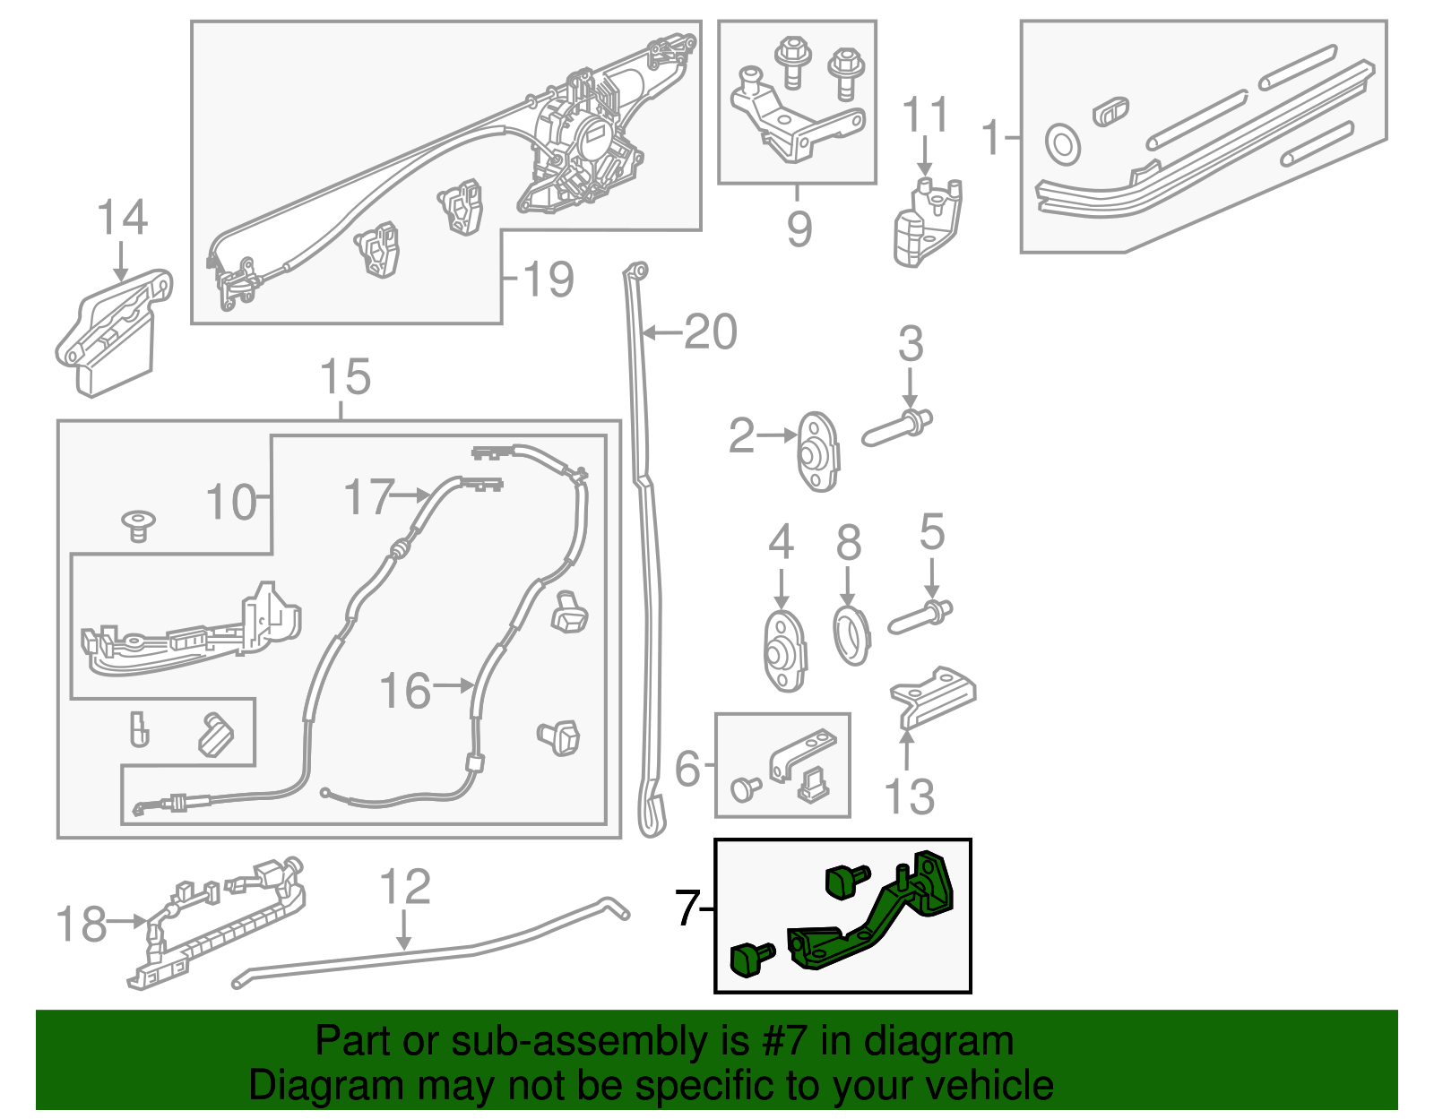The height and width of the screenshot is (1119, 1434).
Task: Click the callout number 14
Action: click(x=122, y=218)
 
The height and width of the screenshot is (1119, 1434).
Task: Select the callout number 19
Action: click(x=547, y=279)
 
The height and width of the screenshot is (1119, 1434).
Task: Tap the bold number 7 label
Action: click(x=687, y=908)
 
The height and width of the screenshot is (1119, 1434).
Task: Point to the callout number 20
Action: click(x=710, y=332)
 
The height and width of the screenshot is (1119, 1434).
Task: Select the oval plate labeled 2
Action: click(x=818, y=452)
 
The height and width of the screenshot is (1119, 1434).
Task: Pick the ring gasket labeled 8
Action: click(x=851, y=635)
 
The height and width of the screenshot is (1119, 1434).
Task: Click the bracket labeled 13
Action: click(x=932, y=695)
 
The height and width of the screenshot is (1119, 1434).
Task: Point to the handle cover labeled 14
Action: click(x=112, y=331)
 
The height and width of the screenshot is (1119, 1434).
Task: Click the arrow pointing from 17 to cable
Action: click(x=413, y=495)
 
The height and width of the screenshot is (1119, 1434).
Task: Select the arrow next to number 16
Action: click(x=454, y=686)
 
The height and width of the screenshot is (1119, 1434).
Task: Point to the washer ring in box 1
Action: click(x=1063, y=144)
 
